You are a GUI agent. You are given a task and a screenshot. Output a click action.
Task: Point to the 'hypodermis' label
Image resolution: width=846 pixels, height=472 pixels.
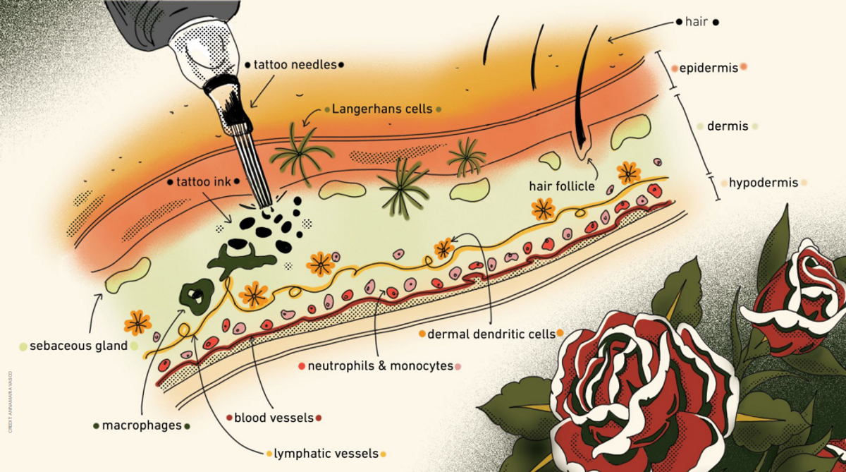pos(764,183)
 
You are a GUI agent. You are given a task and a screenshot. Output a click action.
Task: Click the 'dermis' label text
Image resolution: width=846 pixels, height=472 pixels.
pos(726,127)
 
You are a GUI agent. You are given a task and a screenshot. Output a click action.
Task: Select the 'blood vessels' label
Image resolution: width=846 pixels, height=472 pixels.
pos(274,418)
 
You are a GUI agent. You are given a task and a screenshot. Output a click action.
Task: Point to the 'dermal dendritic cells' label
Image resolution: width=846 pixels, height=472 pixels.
pos(491,334)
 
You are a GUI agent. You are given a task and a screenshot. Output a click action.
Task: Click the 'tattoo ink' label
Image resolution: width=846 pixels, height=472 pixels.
pos(204,181)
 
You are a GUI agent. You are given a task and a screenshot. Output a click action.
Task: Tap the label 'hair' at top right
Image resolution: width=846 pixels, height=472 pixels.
pos(696,22)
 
